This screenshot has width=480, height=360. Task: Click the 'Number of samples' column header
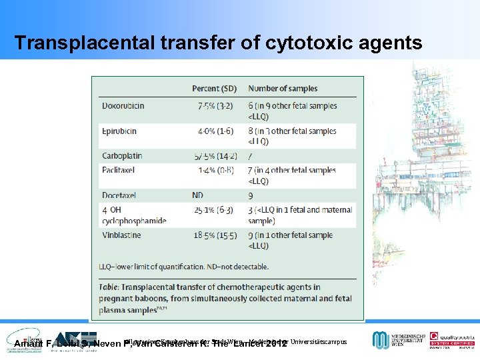coord(283,89)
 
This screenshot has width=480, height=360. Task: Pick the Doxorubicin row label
coord(123,105)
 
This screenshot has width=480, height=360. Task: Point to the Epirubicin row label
coord(121,131)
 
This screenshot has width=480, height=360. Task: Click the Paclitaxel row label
coord(119,170)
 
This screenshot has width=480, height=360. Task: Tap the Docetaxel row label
coord(119,196)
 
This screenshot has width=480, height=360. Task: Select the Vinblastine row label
coord(121,235)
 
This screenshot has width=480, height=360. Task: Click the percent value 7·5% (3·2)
coord(214,105)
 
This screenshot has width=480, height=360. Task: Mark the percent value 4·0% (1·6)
coord(214,131)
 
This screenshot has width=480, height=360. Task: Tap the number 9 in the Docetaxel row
coord(251,196)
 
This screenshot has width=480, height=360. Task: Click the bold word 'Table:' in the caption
coord(113,287)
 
